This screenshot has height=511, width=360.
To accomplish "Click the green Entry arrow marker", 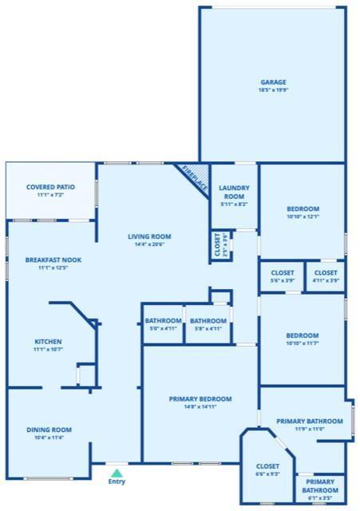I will pyautogui.click(x=117, y=473).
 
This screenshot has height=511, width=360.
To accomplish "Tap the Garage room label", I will pyautogui.click(x=273, y=82).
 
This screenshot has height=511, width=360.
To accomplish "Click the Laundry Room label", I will pyautogui.click(x=235, y=192).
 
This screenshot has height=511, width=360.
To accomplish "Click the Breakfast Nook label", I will pyautogui.click(x=53, y=259).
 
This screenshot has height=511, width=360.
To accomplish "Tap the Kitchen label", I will pyautogui.click(x=48, y=342).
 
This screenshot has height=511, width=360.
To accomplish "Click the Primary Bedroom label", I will pyautogui.click(x=200, y=398).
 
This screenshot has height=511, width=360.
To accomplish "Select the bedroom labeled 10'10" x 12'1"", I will pyautogui.click(x=303, y=209).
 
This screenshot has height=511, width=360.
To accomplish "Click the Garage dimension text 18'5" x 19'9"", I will pyautogui.click(x=273, y=91).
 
